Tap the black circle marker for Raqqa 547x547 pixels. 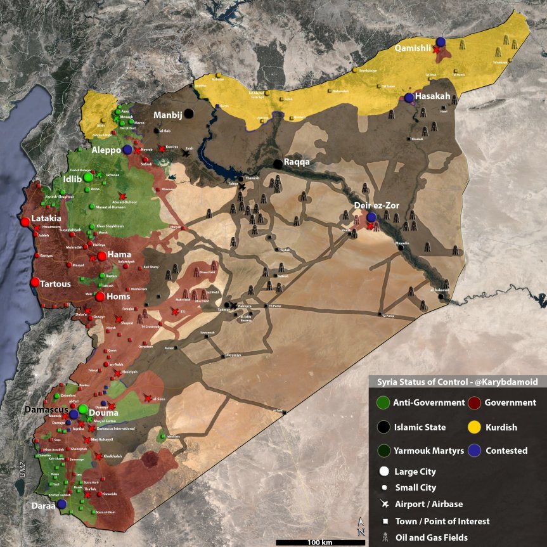tap(278, 164)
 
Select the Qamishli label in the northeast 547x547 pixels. tap(413, 48)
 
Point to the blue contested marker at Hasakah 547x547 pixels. tap(409, 98)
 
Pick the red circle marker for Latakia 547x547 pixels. tap(25, 222)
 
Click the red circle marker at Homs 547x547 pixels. tap(100, 297)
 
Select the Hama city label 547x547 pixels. tap(119, 254)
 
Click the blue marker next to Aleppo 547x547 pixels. tap(127, 150)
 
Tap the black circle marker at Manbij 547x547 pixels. tap(189, 113)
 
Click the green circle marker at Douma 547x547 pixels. tap(83, 409)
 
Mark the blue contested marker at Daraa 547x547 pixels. tap(61, 504)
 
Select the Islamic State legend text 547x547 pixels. tap(420, 427)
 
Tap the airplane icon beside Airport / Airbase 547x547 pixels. tap(383, 504)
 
